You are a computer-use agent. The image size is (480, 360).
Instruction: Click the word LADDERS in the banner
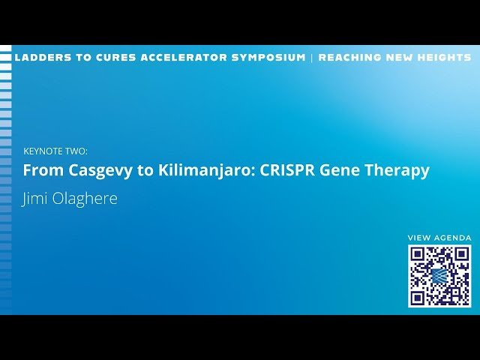(x=39, y=58)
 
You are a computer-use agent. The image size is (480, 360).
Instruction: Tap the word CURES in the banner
(x=112, y=58)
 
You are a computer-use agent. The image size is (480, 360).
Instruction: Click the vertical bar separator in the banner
(x=312, y=58)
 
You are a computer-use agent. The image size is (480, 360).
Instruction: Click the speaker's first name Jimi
(x=37, y=199)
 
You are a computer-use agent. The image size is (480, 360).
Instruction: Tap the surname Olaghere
(x=85, y=199)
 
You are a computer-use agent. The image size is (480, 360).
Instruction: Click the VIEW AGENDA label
(x=439, y=238)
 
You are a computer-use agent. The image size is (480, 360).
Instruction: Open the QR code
(x=439, y=276)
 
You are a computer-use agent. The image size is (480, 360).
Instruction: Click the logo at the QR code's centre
(x=439, y=276)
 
